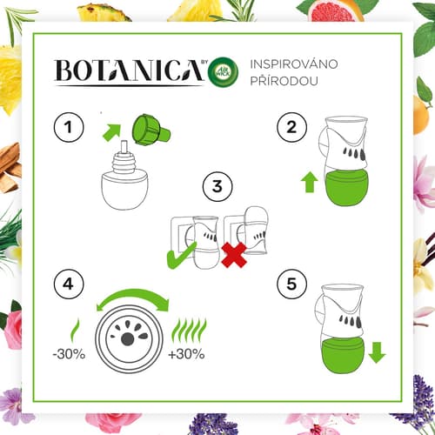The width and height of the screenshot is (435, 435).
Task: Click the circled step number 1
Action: click(x=69, y=127)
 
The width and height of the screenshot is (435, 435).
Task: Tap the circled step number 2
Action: click(x=291, y=127)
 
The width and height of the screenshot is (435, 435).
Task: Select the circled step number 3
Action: click(x=217, y=186)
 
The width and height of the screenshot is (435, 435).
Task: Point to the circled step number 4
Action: click(x=69, y=284)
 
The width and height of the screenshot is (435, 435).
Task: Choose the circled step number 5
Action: click(x=291, y=284)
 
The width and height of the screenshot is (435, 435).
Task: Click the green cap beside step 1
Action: click(x=151, y=130)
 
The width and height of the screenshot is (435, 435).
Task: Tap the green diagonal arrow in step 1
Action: click(x=112, y=133)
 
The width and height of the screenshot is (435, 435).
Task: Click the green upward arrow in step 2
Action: click(x=310, y=182)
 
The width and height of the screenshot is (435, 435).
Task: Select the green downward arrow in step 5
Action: click(x=378, y=352)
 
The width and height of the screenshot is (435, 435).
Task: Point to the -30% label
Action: click(x=69, y=354)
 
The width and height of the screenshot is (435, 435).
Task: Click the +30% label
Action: click(x=187, y=354)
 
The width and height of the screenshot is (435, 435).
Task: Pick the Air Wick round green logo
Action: click(x=224, y=72)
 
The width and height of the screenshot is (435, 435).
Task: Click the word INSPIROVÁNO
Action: click(x=294, y=64)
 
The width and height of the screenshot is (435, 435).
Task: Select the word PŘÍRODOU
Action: click(x=284, y=81)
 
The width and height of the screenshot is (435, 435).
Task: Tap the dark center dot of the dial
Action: click(x=127, y=339)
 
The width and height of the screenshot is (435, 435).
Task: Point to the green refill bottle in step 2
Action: click(x=346, y=187)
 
